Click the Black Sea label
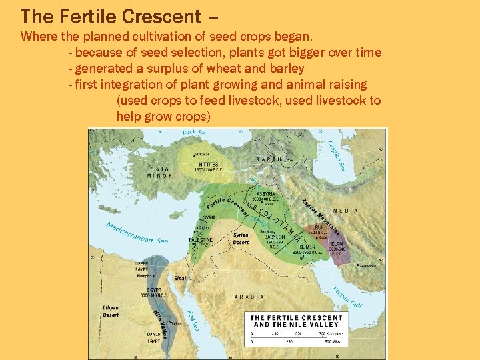[194, 133]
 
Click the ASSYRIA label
[266, 194]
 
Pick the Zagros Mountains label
[321, 217]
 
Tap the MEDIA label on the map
[346, 211]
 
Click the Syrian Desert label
[241, 238]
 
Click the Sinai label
[180, 277]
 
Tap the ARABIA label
[249, 297]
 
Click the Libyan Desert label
[111, 311]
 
